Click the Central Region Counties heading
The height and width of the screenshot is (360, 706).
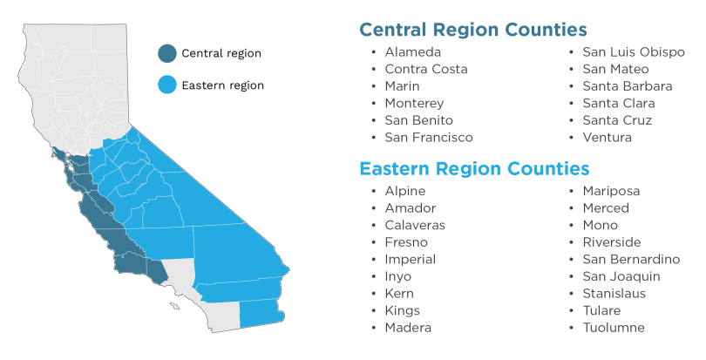(472, 31)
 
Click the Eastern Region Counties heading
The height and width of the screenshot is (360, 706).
(474, 168)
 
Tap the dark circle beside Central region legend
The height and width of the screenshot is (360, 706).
(166, 53)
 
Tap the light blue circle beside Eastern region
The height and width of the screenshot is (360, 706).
(166, 85)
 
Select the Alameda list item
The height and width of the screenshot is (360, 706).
(412, 52)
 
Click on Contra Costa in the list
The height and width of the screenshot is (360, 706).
(426, 70)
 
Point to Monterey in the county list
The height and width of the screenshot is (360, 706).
(414, 104)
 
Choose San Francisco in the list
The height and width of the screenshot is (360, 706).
(429, 138)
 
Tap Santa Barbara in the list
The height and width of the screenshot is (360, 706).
(628, 86)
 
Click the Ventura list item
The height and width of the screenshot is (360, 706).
(608, 138)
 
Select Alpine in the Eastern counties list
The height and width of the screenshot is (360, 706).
(405, 191)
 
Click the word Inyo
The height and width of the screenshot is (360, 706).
(398, 276)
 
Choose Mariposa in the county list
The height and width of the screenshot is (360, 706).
(611, 191)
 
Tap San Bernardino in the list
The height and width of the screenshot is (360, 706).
(631, 260)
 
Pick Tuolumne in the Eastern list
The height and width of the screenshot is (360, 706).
(614, 328)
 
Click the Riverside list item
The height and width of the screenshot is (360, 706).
(612, 242)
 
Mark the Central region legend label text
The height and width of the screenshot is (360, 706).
(221, 53)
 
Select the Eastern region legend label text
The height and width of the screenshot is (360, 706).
(222, 85)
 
